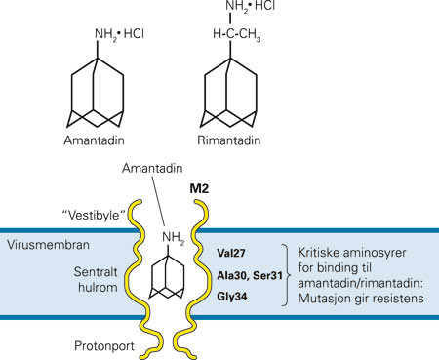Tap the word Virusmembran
(43, 244)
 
